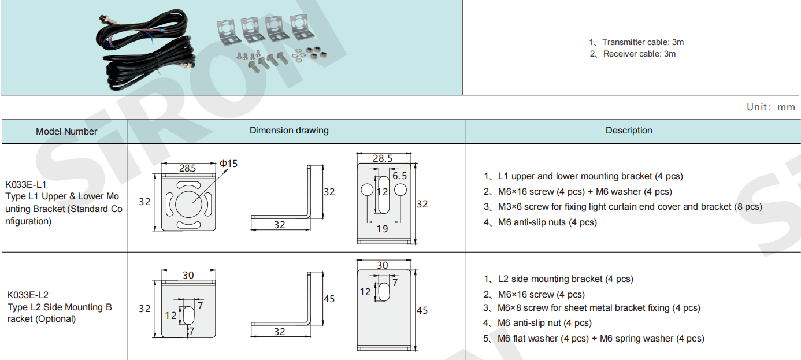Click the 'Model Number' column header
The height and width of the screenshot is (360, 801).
[x=66, y=131]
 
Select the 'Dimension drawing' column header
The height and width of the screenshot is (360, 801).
[x=289, y=131]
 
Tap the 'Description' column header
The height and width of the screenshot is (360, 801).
[x=629, y=131]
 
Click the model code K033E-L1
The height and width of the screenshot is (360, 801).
[x=26, y=185]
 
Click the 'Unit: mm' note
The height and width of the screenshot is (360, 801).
[x=770, y=107]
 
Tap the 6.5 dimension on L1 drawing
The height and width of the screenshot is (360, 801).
[x=399, y=175]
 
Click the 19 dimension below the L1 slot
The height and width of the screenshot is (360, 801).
[x=382, y=229]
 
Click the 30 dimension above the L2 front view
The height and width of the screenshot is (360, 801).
[x=188, y=276]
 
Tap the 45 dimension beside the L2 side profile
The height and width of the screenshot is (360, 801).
[x=329, y=299]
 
